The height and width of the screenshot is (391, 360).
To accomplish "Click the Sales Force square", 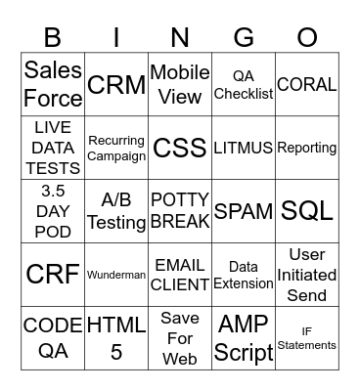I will click(53, 84).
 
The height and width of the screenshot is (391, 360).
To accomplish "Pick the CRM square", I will click(116, 84).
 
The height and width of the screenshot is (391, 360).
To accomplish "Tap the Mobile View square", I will click(180, 84).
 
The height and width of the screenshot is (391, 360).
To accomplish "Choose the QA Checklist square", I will click(244, 84).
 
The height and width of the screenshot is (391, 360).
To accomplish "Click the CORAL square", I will click(307, 84).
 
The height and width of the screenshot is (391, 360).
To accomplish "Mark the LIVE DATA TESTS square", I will click(53, 148).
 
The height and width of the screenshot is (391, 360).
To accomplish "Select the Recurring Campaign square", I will click(116, 148).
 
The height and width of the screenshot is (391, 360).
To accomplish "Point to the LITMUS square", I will click(244, 148).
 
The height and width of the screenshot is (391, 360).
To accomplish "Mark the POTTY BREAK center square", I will click(180, 211).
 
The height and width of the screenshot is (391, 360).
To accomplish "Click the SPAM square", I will click(244, 211).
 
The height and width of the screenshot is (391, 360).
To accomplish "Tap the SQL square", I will click(307, 211).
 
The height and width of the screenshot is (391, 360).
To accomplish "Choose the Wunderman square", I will click(116, 275).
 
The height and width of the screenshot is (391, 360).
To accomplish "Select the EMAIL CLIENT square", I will click(180, 275).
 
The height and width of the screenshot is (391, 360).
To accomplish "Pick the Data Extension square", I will click(244, 275).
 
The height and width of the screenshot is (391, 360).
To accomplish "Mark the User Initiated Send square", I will click(307, 275).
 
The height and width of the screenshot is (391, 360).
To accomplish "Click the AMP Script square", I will click(244, 338).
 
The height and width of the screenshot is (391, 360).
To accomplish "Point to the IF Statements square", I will click(307, 338).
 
